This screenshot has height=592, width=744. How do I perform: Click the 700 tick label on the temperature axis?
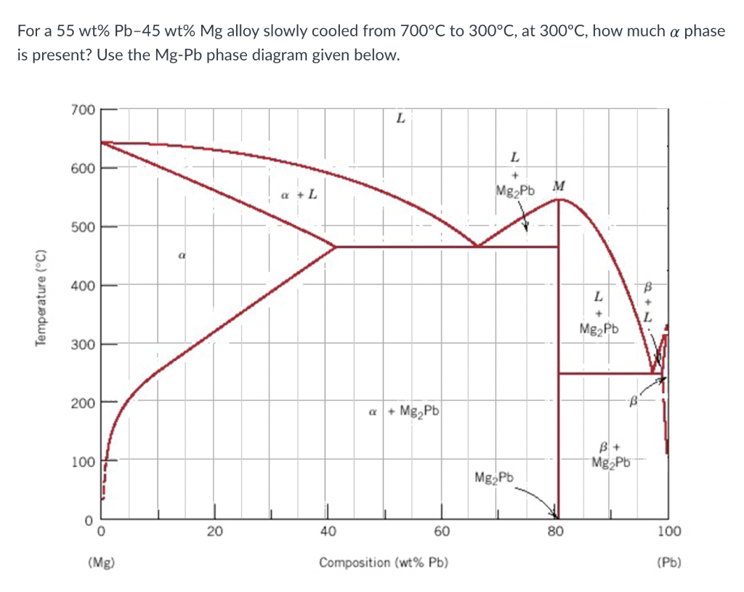tap(83, 110)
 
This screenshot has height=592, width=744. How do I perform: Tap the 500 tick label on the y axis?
tap(83, 226)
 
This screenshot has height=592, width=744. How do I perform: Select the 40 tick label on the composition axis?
tap(328, 531)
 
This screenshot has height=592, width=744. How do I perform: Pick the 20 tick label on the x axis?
tap(214, 531)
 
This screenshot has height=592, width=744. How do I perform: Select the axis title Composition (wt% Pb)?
tap(384, 562)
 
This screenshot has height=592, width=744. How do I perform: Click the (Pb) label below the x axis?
tap(668, 562)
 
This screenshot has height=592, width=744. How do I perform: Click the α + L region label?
tap(299, 194)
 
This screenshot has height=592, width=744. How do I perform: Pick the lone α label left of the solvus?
tap(181, 256)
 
